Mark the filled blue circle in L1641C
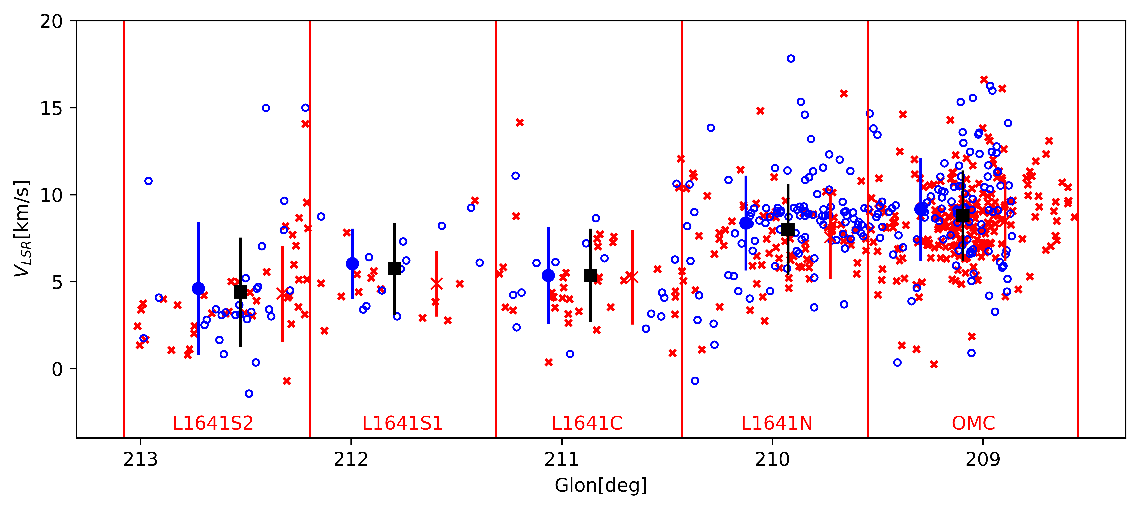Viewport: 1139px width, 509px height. pos(548,275)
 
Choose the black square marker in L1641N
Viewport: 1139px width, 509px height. pos(788,229)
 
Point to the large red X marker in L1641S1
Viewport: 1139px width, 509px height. pos(437,284)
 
